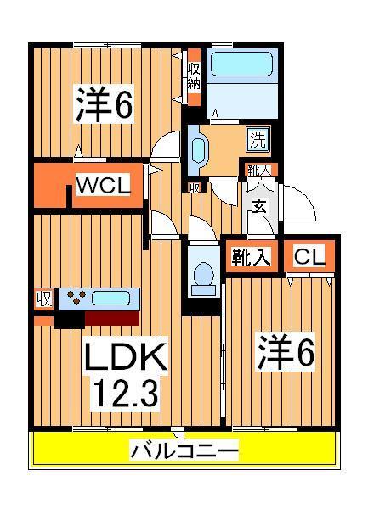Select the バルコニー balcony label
pos(183,450)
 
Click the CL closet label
pos(309,257)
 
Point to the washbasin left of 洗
pos(198,150)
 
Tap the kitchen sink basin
pos(110,299)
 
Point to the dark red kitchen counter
pos(110,319)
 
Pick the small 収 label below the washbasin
pos(194,187)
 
